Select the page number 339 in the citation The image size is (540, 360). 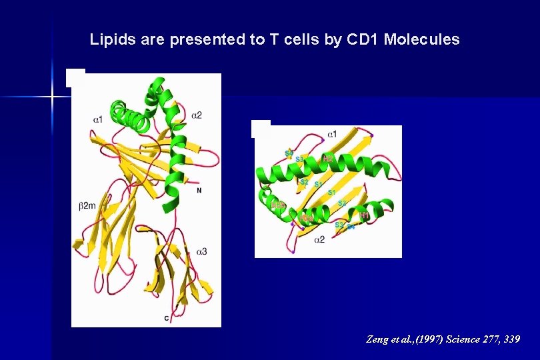pos(512,339)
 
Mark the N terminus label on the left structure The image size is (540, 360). pos(199,191)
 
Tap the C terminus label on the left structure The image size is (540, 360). pos(166,319)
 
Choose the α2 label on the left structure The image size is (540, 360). pos(197,115)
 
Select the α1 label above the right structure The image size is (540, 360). pos(331,134)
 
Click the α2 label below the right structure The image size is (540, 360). pos(320,239)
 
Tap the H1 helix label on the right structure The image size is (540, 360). pos(365,215)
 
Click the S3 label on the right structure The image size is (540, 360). pos(299,159)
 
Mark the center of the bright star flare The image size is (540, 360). pos(52,97)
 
